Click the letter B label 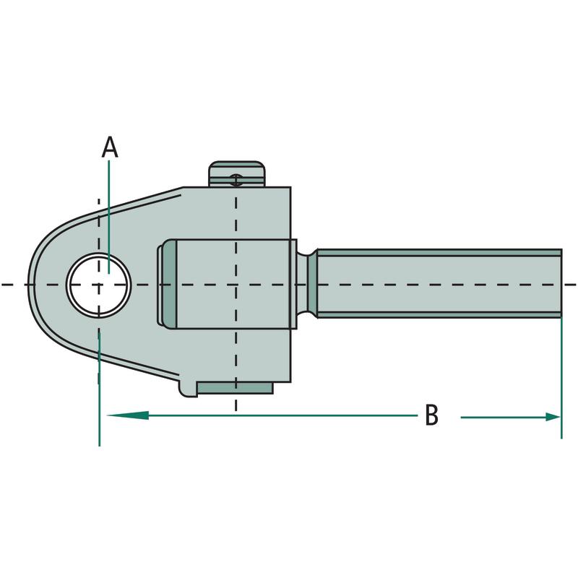pos(431,415)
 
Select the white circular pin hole pos(99,285)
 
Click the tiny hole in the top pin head pos(236,180)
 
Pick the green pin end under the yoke pos(236,389)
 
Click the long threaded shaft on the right pos(441,284)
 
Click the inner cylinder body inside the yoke pos(231,284)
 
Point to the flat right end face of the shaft pos(561,284)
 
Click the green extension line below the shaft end pos(561,376)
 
